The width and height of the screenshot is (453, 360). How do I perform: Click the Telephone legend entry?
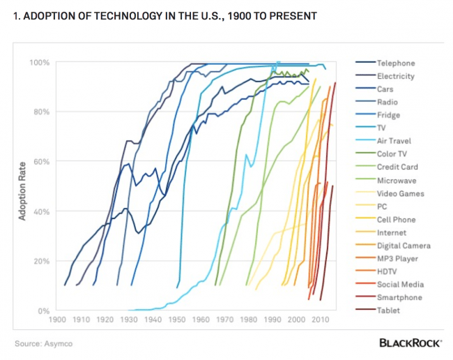(x=395, y=63)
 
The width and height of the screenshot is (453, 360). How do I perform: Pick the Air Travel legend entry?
(x=394, y=141)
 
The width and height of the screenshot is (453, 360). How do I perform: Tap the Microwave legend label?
(x=396, y=180)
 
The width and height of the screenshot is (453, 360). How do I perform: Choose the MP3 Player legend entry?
(x=398, y=259)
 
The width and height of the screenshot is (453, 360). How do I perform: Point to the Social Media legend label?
(x=399, y=285)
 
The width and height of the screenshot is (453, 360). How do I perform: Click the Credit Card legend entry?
(x=397, y=167)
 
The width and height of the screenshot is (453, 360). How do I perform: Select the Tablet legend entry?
(x=388, y=310)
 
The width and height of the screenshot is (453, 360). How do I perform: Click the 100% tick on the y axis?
(x=39, y=63)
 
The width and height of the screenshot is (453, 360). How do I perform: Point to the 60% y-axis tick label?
(x=41, y=162)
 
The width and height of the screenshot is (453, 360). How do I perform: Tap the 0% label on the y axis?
(x=43, y=310)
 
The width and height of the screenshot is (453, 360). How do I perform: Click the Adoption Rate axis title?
(x=22, y=186)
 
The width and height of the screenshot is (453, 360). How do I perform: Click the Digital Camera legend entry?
(x=404, y=246)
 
